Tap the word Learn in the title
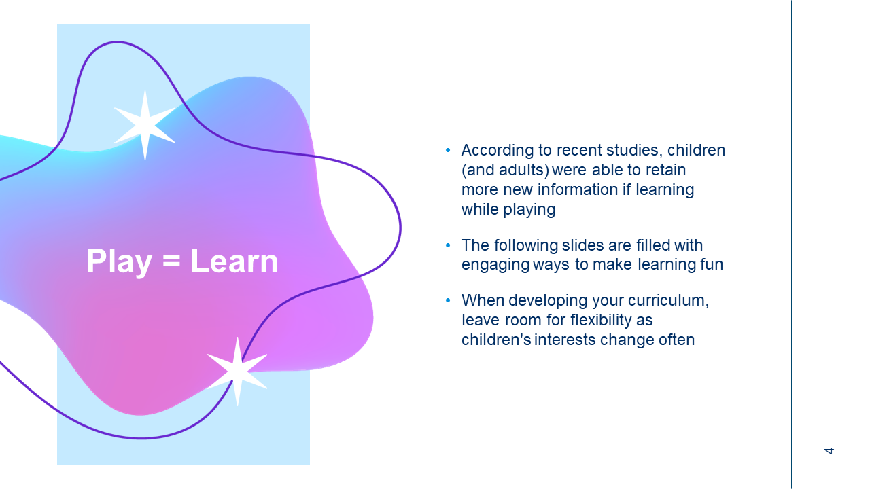(234, 261)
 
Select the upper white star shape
(145, 125)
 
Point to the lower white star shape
(237, 372)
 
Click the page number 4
(829, 450)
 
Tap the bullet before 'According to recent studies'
(448, 150)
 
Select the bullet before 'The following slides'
(448, 245)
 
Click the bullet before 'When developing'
(448, 300)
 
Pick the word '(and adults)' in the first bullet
(505, 170)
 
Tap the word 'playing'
(529, 210)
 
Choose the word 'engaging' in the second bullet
(495, 265)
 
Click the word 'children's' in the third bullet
(496, 340)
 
